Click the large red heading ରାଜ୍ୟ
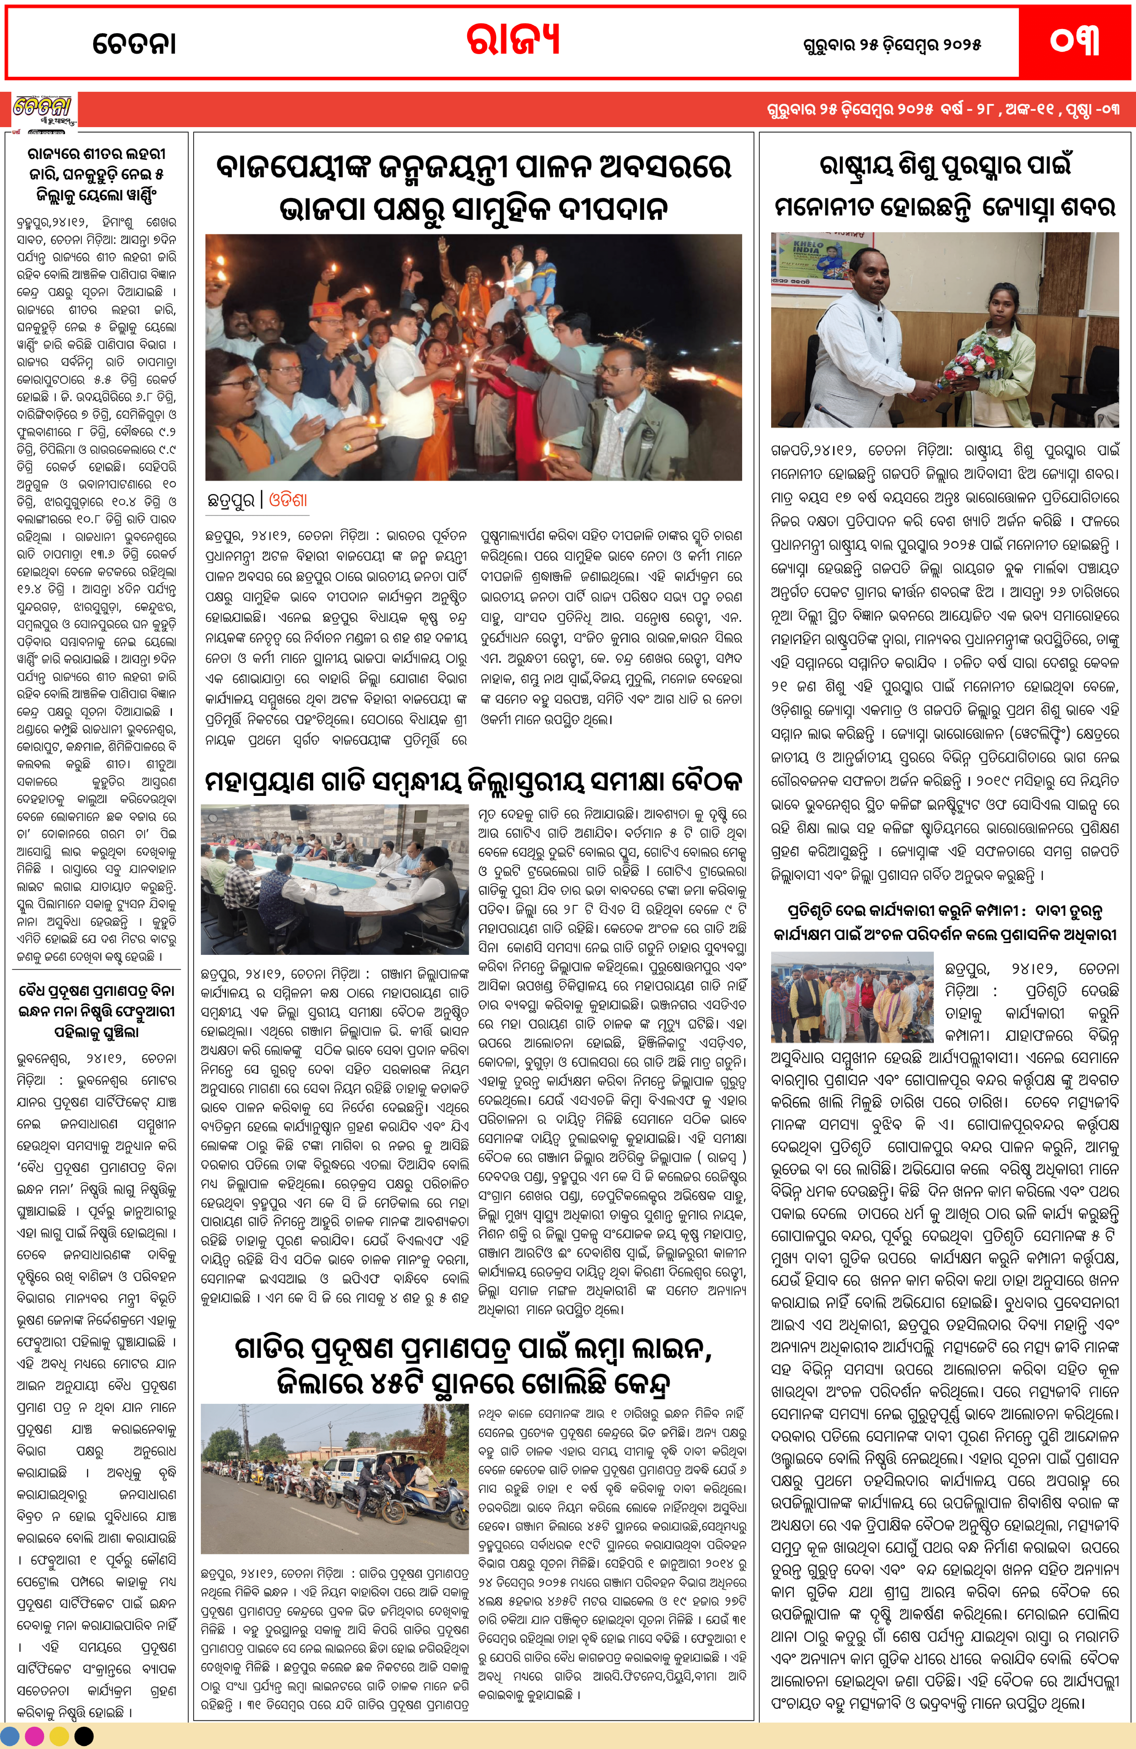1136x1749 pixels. [513, 40]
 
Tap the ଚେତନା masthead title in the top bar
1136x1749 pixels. [135, 44]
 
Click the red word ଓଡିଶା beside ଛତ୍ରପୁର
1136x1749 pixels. [288, 500]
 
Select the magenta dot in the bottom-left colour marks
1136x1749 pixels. [34, 1736]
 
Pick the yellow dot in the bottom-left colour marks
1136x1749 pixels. [60, 1736]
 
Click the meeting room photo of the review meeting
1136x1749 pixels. [334, 879]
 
